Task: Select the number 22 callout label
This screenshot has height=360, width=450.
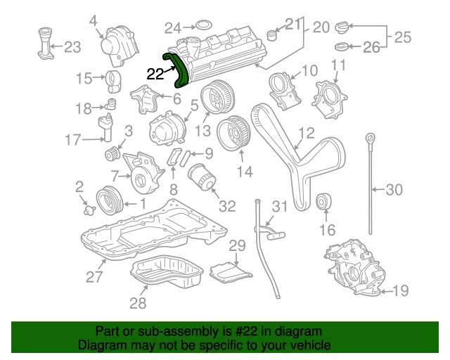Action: click(x=155, y=72)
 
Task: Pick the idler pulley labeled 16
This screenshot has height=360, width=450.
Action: click(x=325, y=202)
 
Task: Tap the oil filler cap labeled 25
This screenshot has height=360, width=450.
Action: click(x=343, y=29)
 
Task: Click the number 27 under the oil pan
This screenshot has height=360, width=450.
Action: click(x=95, y=276)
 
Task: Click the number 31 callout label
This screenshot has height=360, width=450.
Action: click(x=280, y=206)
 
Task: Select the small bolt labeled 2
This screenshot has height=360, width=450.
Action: click(x=86, y=209)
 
